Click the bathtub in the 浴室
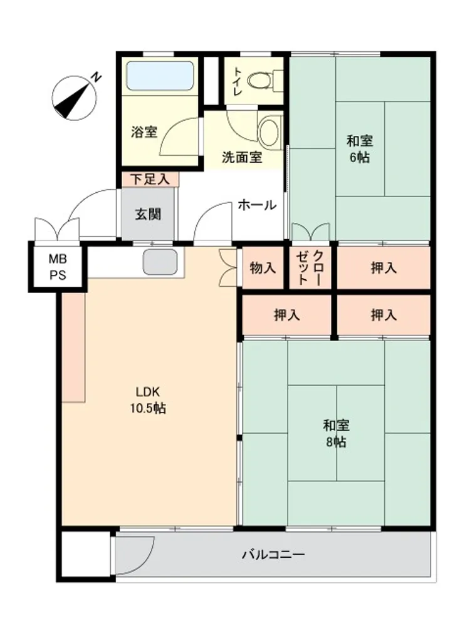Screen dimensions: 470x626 click(160, 76)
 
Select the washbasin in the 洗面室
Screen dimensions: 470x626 click(269, 130)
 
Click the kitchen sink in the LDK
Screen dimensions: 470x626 click(160, 262)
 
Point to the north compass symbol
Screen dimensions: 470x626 click(75, 98)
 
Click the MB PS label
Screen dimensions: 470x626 click(58, 267)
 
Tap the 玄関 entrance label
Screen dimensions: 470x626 click(148, 214)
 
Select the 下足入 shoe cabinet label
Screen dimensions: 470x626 click(150, 179)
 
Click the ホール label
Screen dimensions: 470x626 click(257, 205)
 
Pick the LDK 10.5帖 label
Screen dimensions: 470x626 click(148, 400)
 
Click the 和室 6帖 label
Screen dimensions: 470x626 click(360, 149)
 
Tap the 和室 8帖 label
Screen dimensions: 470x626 click(336, 434)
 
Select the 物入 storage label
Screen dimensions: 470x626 click(263, 268)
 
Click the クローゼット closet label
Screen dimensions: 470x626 click(310, 267)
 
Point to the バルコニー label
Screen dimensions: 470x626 click(274, 555)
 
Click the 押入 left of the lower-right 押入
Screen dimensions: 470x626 click(286, 315)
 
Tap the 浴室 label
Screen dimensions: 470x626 click(144, 131)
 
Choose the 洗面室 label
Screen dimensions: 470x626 click(242, 157)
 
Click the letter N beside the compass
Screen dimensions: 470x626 click(96, 77)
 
